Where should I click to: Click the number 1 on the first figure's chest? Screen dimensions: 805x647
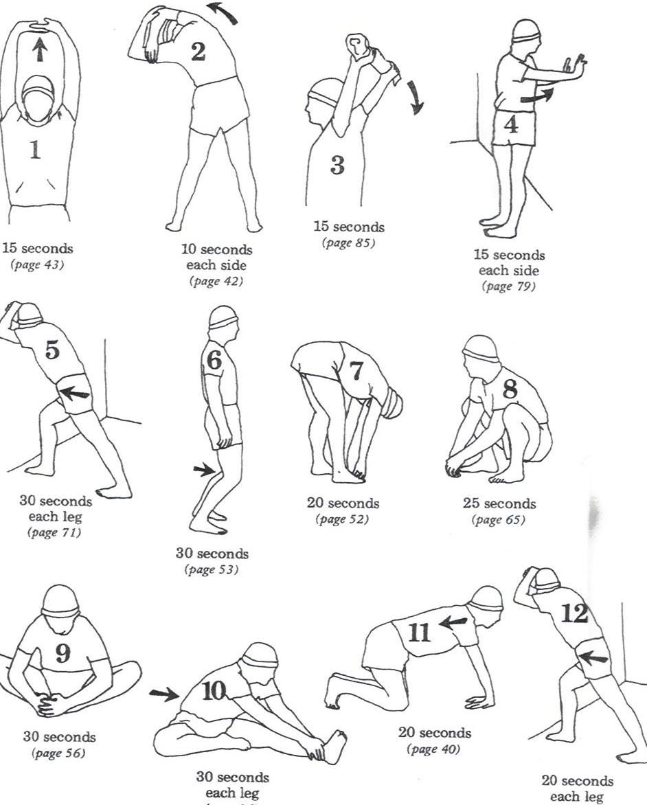[x=34, y=149]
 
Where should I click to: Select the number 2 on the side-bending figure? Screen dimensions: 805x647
[x=198, y=52]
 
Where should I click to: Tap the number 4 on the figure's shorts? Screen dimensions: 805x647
[x=510, y=125]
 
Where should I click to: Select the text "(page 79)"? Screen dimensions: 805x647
[x=509, y=286]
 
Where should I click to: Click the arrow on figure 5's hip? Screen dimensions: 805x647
[x=75, y=394]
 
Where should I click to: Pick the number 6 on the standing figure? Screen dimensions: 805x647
[x=214, y=360]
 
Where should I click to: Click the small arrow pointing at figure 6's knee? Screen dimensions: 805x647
[x=203, y=470]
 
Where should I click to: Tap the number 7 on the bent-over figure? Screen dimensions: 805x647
[x=356, y=370]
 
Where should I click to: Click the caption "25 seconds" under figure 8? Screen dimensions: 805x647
[x=499, y=503]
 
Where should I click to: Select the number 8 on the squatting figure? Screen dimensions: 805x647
[x=510, y=389]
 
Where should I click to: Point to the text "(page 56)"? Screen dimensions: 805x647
[x=59, y=753]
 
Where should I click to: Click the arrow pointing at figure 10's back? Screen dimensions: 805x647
[x=162, y=694]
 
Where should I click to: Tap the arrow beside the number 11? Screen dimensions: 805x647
[x=453, y=623]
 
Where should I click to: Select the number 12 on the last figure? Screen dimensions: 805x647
[x=574, y=613]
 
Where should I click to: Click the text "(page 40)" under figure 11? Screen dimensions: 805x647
[x=434, y=749]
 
